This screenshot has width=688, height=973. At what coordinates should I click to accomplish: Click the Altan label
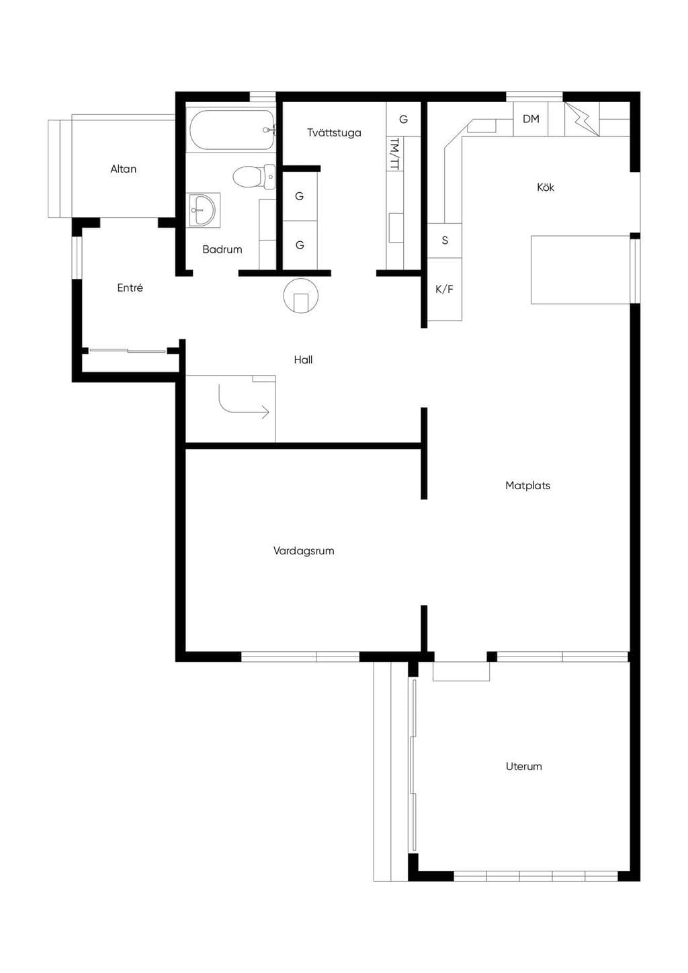(124, 169)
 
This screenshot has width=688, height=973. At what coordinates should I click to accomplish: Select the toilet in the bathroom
(254, 177)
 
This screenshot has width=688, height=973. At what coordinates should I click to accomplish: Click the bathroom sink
(204, 210)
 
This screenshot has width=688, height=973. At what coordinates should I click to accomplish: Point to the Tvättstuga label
(334, 132)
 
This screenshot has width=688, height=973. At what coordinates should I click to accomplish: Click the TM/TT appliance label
(395, 154)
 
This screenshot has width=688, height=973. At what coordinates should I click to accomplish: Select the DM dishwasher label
(531, 118)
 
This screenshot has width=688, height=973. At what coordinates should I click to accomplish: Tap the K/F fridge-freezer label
(444, 290)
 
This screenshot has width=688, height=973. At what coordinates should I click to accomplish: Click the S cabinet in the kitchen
(445, 241)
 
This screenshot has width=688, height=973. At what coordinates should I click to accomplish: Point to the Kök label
(546, 187)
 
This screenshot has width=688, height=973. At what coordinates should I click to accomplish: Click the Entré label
(130, 288)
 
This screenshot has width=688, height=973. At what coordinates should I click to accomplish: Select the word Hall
(303, 359)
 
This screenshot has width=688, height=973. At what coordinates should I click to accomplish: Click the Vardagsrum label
(304, 551)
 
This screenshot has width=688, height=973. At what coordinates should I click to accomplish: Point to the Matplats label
(527, 485)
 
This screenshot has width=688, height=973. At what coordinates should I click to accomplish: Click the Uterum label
(524, 766)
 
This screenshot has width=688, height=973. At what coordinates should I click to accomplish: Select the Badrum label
(222, 249)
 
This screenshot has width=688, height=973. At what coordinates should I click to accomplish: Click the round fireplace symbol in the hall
(301, 296)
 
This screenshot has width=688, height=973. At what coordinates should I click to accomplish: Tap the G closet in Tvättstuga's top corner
(404, 119)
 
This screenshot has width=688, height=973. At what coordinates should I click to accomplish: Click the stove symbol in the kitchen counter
(582, 119)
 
